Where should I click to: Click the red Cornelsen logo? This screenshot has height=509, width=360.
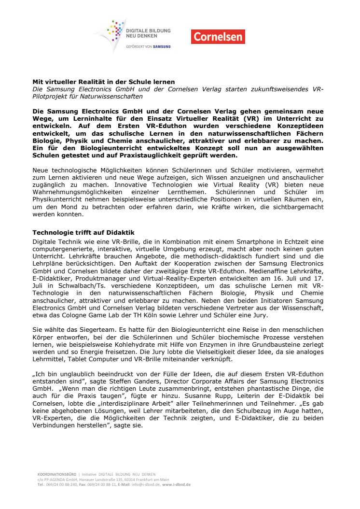point(218,37)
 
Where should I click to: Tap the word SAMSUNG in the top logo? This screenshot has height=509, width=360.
point(161,47)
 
